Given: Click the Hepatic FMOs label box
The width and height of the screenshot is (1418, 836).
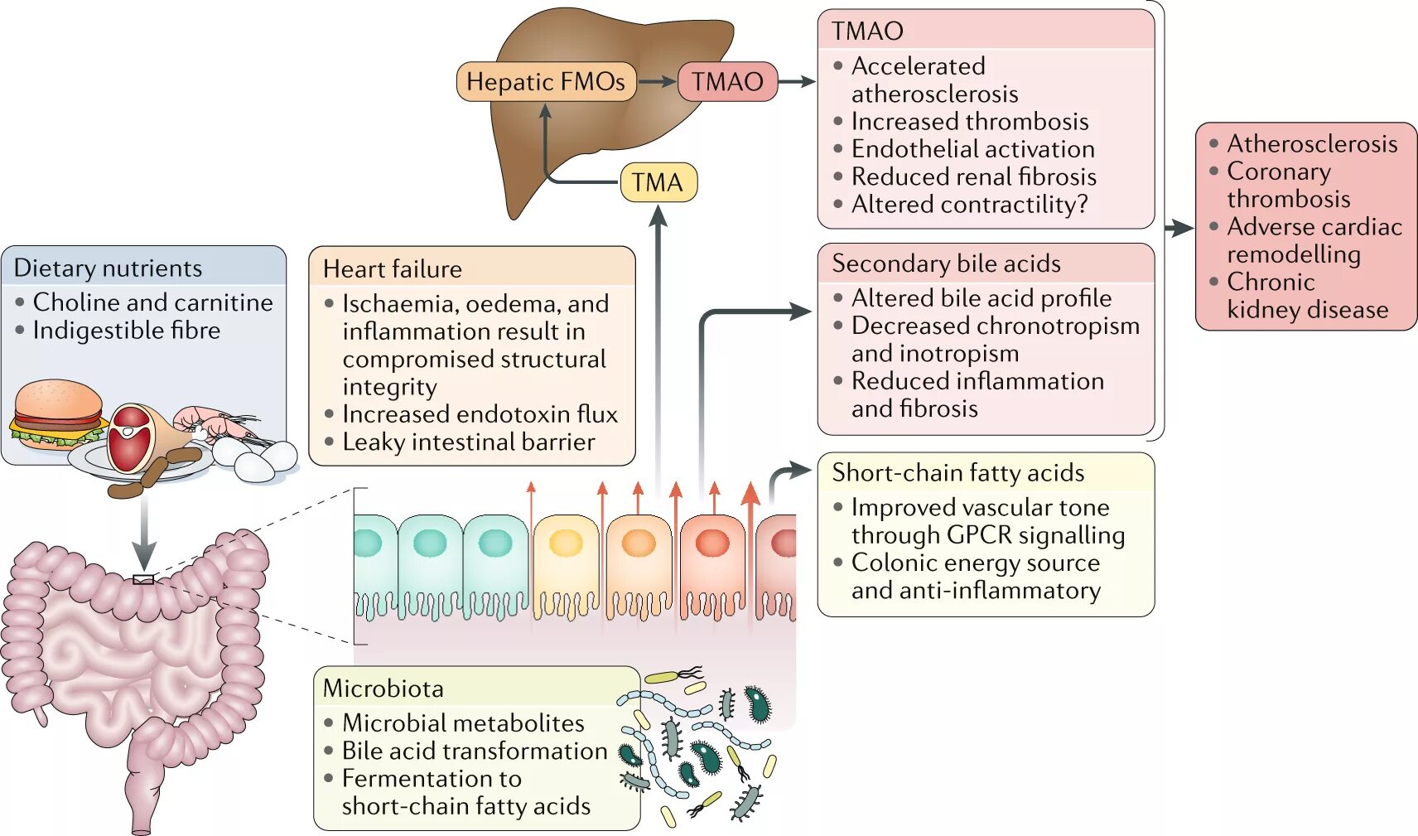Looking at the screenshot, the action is pyautogui.click(x=546, y=82).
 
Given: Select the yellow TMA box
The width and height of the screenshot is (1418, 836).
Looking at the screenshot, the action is pyautogui.click(x=658, y=182).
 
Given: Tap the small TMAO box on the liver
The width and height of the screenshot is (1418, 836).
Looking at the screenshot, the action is pyautogui.click(x=727, y=82).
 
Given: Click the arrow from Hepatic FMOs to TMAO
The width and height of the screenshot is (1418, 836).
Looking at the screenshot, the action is pyautogui.click(x=657, y=82).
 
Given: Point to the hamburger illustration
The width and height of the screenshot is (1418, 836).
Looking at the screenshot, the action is pyautogui.click(x=57, y=415).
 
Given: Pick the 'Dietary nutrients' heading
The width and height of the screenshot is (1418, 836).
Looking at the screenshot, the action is pyautogui.click(x=108, y=268).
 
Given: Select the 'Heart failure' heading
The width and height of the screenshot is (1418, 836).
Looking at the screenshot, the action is pyautogui.click(x=393, y=269).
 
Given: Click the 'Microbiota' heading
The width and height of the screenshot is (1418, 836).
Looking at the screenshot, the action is pyautogui.click(x=383, y=689).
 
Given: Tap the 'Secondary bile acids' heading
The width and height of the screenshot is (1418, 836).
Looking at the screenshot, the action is pyautogui.click(x=947, y=263).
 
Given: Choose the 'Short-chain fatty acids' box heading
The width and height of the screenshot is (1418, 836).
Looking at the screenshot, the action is pyautogui.click(x=957, y=472).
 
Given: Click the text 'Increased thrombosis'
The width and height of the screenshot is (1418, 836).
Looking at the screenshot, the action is pyautogui.click(x=970, y=121).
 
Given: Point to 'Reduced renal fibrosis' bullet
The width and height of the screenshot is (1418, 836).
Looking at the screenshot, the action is pyautogui.click(x=973, y=176).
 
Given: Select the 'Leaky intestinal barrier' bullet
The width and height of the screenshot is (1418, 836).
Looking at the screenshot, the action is pyautogui.click(x=469, y=442).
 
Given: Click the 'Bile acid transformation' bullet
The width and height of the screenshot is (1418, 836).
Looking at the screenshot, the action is pyautogui.click(x=475, y=751).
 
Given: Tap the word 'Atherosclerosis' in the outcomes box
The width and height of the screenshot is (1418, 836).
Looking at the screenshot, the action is pyautogui.click(x=1312, y=144).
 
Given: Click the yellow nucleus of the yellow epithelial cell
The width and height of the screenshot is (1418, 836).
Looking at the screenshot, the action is pyautogui.click(x=566, y=542).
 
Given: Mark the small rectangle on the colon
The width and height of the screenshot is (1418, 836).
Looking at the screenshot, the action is pyautogui.click(x=143, y=579).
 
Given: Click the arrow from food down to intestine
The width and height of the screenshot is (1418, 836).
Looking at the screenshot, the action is pyautogui.click(x=144, y=532).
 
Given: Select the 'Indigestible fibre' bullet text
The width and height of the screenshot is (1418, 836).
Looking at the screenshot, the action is pyautogui.click(x=127, y=330).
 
